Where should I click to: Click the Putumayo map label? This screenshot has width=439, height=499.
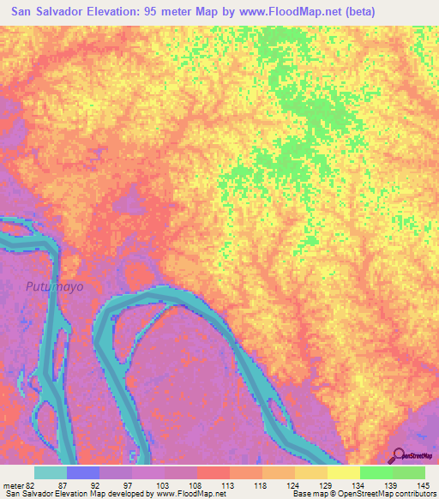point(54,286)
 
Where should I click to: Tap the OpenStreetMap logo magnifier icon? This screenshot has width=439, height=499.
point(399,455)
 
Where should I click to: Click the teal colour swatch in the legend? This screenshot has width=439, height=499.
point(50,472)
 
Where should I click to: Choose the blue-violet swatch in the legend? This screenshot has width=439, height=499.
point(82,472)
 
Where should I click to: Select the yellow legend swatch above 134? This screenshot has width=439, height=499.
point(343,472)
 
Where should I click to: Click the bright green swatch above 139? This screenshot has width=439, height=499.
point(376,472)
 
